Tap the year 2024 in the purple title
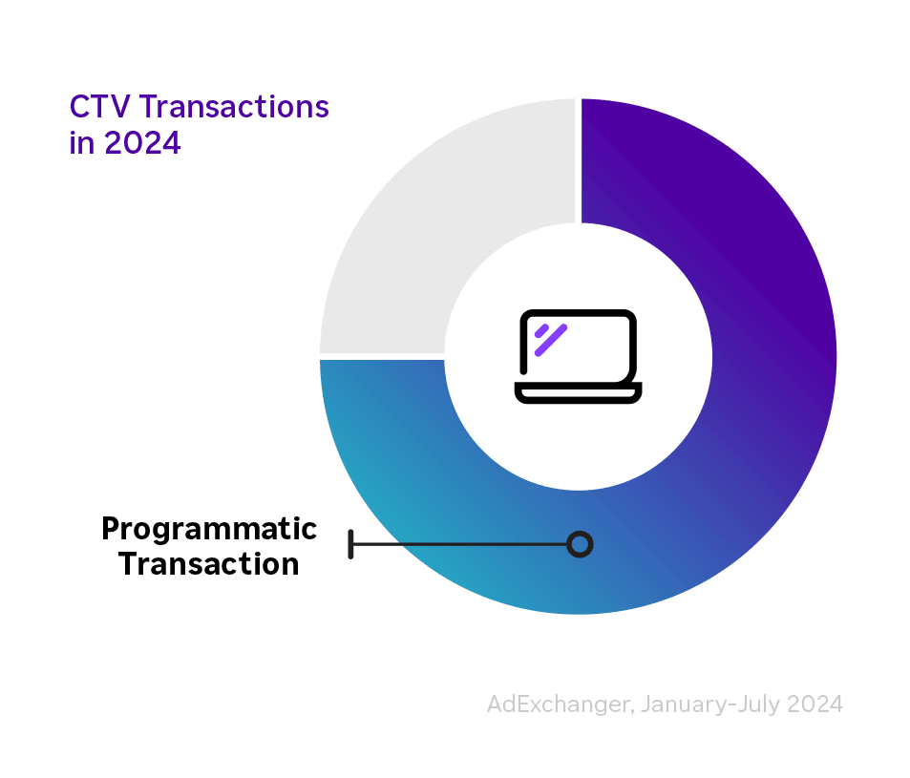pos(142,144)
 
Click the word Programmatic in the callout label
pos(208,528)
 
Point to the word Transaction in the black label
pos(208,564)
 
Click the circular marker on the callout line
pos(579,544)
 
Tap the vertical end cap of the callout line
pos(351,544)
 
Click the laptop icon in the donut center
pos(578,355)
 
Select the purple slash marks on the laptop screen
pos(550,339)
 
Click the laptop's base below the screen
pos(578,392)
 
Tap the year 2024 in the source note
pos(815,704)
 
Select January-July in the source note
pos(710,704)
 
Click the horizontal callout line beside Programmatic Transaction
pos(458,544)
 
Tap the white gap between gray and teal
pos(382,358)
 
